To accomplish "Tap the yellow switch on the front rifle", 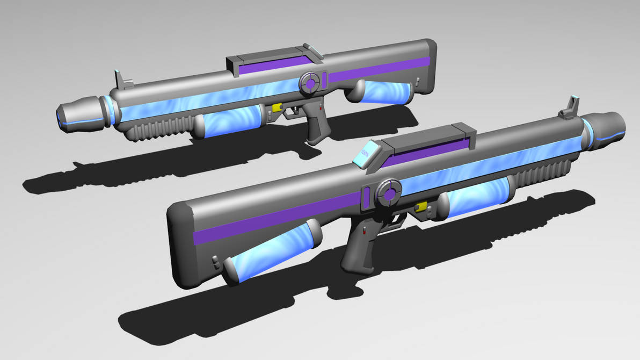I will [420, 206].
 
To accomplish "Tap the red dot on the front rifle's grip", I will [364, 232].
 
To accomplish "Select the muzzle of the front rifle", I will [607, 129].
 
